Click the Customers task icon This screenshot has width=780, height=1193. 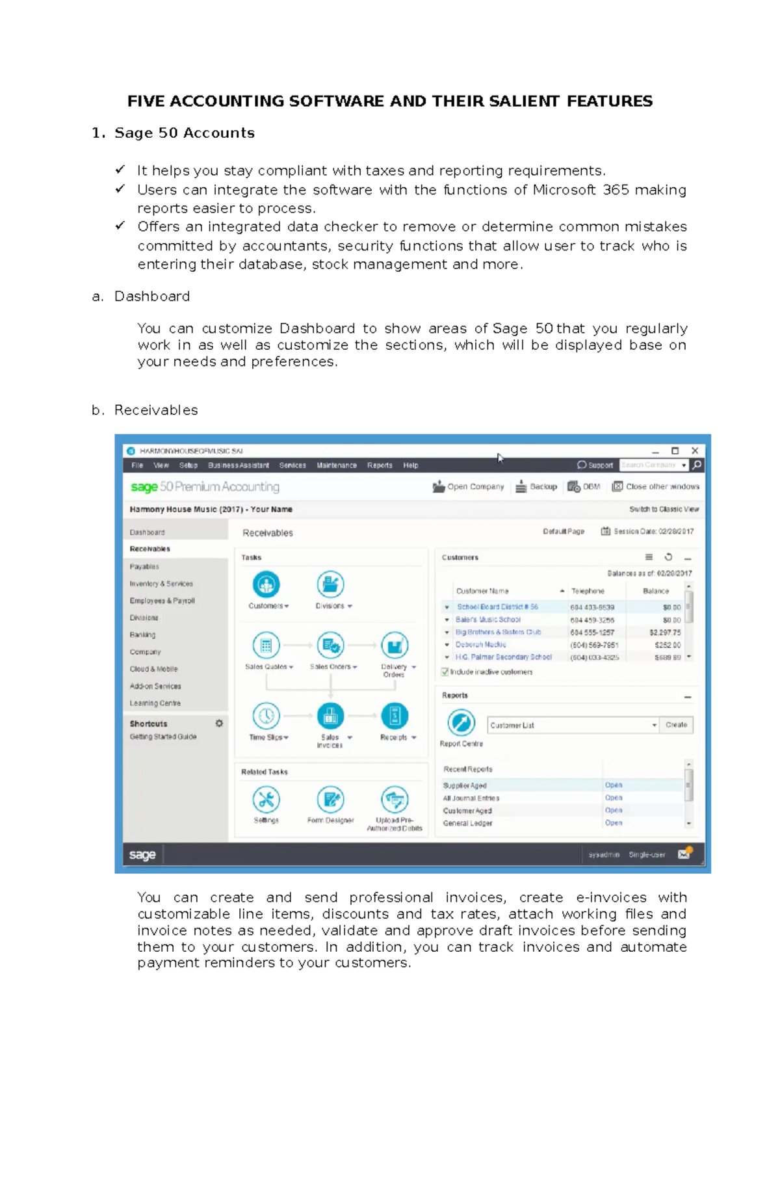pyautogui.click(x=266, y=584)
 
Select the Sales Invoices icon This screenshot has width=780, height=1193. pyautogui.click(x=330, y=716)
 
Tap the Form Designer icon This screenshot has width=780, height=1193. pyautogui.click(x=330, y=800)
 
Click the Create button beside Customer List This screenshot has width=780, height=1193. pyautogui.click(x=676, y=725)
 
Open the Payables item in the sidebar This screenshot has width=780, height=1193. pyautogui.click(x=144, y=566)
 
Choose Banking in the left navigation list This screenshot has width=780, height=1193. pyautogui.click(x=142, y=635)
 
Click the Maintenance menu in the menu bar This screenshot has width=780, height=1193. pyautogui.click(x=336, y=465)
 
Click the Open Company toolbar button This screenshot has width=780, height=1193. pyautogui.click(x=469, y=486)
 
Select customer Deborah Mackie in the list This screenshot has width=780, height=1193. pyautogui.click(x=480, y=644)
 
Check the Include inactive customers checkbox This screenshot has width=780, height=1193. pyautogui.click(x=445, y=672)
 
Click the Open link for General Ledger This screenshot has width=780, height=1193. pyautogui.click(x=613, y=823)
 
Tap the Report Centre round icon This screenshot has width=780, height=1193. pyautogui.click(x=461, y=722)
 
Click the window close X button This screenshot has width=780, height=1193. pyautogui.click(x=694, y=451)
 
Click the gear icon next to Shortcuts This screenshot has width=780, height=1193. pyautogui.click(x=219, y=723)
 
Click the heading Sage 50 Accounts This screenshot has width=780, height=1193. pyautogui.click(x=184, y=133)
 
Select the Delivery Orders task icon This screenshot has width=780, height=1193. pyautogui.click(x=394, y=646)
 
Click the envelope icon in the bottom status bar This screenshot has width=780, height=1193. pyautogui.click(x=684, y=854)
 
